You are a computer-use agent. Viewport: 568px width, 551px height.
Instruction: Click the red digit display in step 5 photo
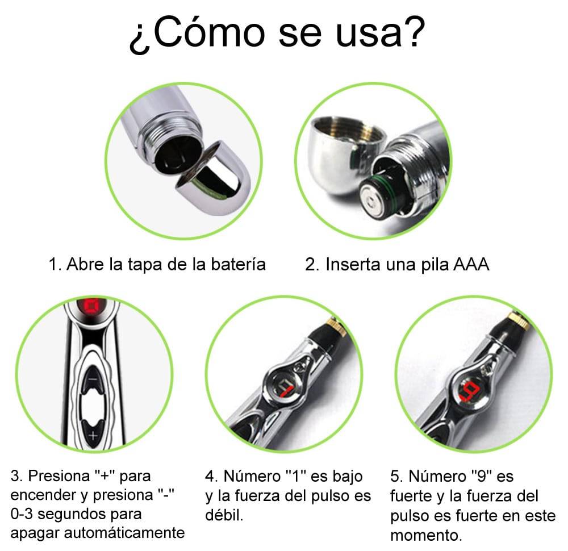(469, 392)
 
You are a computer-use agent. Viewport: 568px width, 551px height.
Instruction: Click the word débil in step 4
(224, 515)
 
